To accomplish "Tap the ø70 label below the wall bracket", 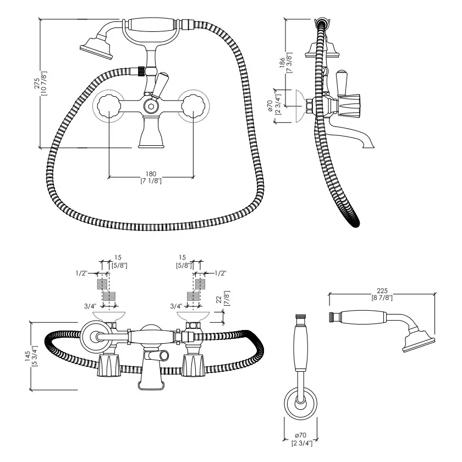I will click(302, 436).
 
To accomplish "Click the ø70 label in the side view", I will click(270, 106).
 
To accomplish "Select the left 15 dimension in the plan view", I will click(118, 257).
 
